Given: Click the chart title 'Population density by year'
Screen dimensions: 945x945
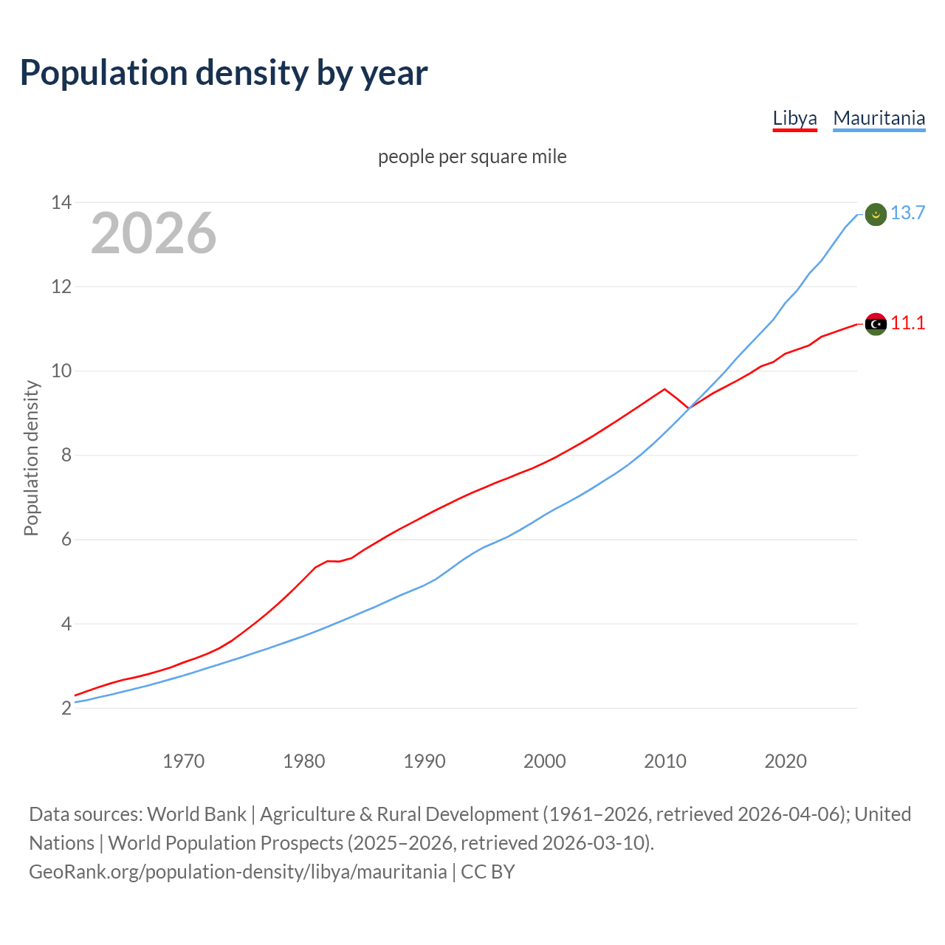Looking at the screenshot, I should (224, 73).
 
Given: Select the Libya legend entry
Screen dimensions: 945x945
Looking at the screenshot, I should (794, 118).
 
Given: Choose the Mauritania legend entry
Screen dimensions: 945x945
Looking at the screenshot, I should (879, 118).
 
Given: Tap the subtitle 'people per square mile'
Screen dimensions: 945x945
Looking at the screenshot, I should (472, 157).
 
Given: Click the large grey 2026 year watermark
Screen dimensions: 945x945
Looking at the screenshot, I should (154, 233).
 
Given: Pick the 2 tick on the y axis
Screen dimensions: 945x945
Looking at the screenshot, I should (66, 709).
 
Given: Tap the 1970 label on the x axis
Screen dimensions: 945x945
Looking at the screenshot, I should (183, 761).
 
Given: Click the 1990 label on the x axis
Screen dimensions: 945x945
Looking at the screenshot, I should (425, 761).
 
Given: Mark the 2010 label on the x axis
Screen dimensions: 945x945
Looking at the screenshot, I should (665, 761).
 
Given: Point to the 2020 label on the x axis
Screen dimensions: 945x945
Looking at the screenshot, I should (786, 761).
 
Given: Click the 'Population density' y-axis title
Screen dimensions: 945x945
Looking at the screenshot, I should (31, 458).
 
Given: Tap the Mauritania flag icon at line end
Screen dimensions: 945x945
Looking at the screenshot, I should (876, 214).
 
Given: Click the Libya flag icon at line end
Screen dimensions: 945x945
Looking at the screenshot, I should (876, 324).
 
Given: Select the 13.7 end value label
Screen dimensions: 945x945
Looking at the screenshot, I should (907, 213).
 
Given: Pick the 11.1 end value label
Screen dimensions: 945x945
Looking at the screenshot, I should (907, 323).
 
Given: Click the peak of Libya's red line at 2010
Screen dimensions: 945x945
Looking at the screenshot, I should (664, 389).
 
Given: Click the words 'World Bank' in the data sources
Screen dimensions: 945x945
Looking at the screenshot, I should (196, 814).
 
